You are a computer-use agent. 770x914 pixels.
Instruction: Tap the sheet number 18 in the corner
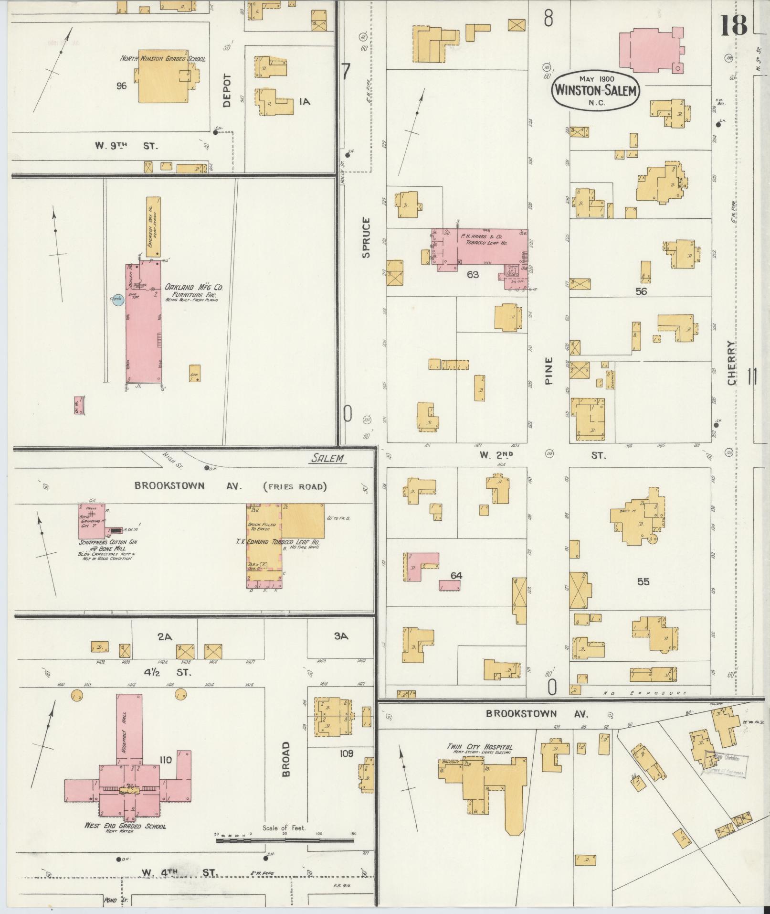coord(734,25)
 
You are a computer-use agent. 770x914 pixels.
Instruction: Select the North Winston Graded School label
coord(163,59)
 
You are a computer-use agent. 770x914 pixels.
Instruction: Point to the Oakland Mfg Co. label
coord(194,288)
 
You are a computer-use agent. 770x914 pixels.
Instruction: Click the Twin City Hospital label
coord(479,747)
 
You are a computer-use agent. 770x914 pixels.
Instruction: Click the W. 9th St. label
coord(126,146)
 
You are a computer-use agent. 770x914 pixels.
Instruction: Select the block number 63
coord(473,275)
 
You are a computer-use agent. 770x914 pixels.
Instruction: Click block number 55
coord(643,582)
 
